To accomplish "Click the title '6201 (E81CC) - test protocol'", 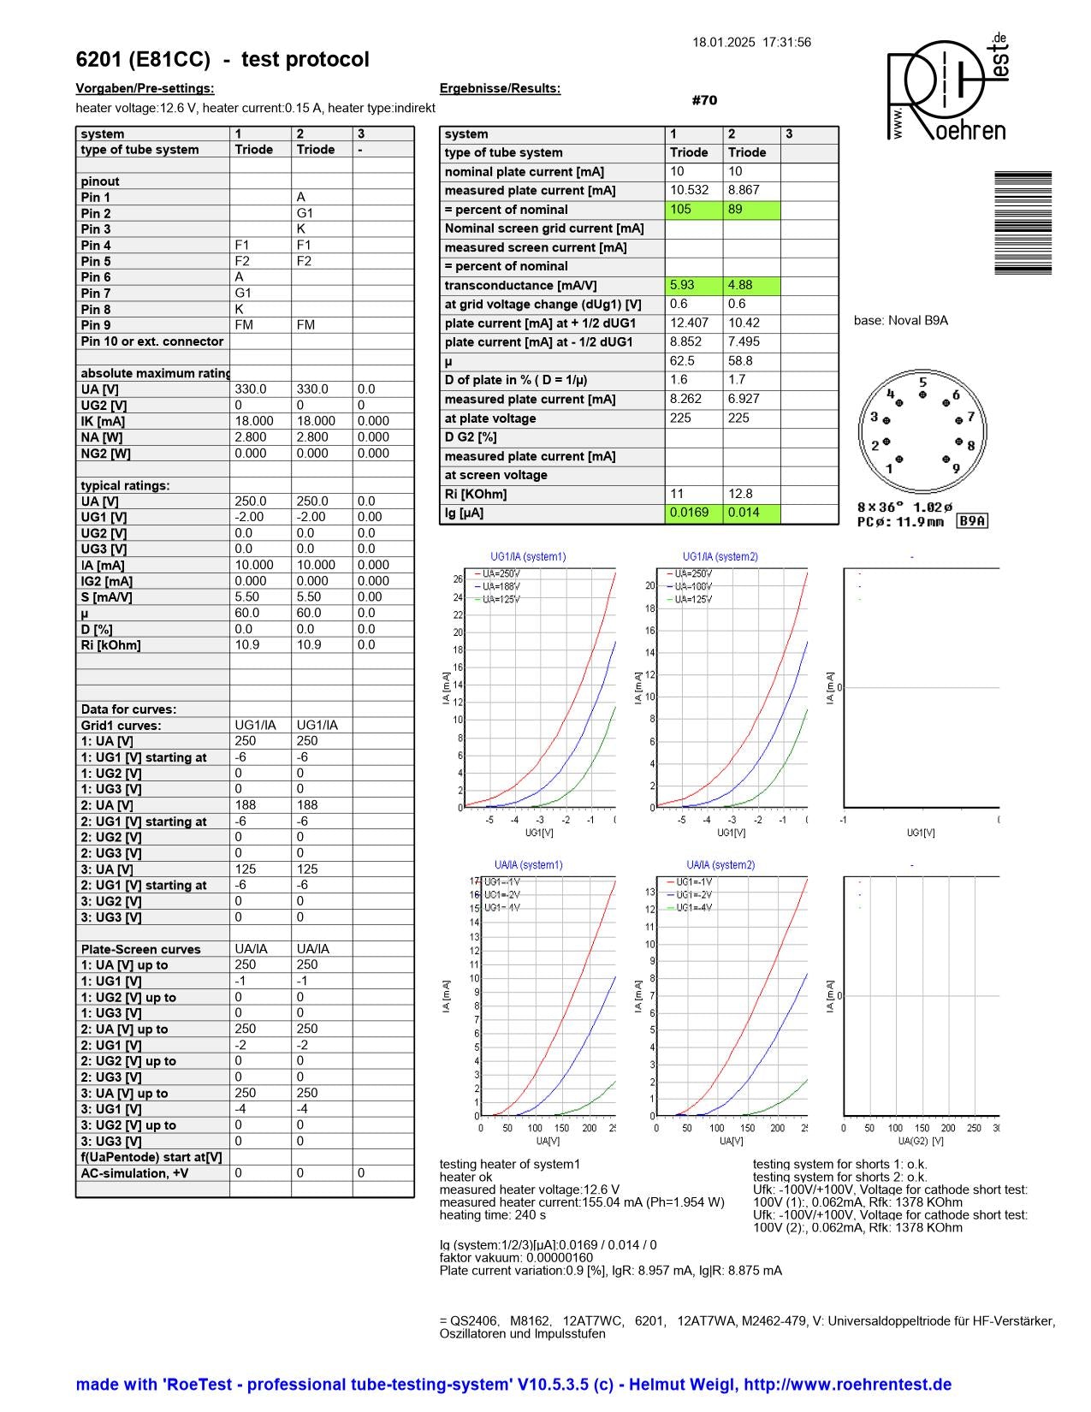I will point(222,60).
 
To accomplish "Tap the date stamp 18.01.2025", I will point(724,42).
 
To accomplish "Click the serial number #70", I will point(704,101).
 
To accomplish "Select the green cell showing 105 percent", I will point(694,210).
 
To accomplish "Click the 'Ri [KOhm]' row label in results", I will point(476,494).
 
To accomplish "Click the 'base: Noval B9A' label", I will point(900,321).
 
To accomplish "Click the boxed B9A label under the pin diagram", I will point(971,521).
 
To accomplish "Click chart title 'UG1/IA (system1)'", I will point(528,557).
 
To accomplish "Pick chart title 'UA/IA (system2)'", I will point(720,865).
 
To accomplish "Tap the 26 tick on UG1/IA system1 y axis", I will point(459,579).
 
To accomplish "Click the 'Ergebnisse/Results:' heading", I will point(500,88).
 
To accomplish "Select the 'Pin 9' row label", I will point(96,325).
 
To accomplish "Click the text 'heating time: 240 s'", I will point(493,1215).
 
